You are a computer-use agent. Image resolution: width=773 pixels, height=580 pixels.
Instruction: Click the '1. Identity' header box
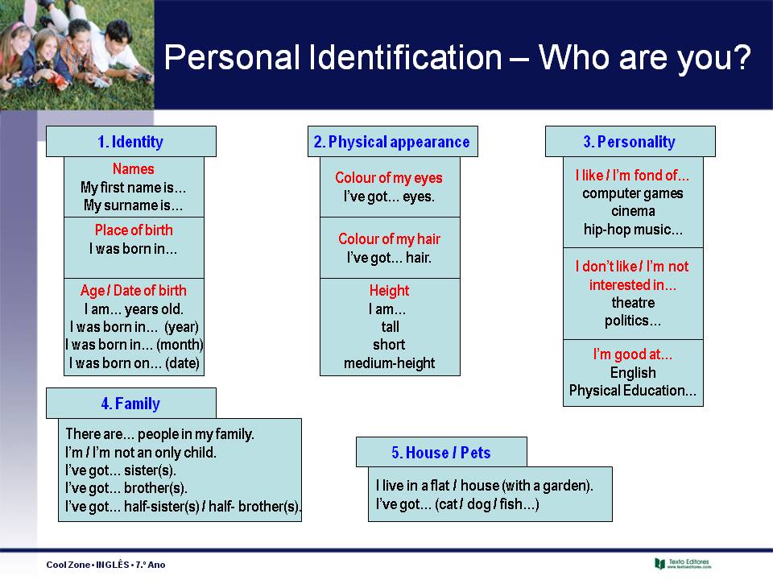[130, 142]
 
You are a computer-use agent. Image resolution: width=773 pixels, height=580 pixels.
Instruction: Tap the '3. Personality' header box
[630, 142]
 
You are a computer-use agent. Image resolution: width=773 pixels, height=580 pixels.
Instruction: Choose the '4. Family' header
[130, 404]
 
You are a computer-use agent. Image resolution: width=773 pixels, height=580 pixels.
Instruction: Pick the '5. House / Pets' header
[441, 453]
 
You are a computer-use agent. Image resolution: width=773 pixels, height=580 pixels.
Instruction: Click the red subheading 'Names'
[134, 169]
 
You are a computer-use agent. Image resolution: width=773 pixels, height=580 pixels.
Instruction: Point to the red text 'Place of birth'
[134, 230]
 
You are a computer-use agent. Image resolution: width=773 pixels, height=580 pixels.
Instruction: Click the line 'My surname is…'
[134, 205]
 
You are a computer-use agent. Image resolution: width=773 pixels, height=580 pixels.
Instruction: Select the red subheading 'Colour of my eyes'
[389, 178]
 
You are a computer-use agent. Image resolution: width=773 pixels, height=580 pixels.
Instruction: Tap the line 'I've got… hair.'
[389, 258]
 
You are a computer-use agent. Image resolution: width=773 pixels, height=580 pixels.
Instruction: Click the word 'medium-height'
[389, 363]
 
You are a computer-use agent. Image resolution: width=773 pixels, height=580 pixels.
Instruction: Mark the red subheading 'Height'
[389, 291]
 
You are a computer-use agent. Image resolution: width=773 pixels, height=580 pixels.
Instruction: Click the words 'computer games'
[633, 193]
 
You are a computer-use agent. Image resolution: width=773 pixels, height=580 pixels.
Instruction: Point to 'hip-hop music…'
[633, 230]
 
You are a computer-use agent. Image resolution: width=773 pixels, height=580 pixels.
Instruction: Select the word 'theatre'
[633, 303]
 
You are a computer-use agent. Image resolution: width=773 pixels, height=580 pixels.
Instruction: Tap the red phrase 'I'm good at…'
[633, 354]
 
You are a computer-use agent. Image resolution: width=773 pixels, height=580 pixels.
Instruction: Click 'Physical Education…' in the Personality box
[633, 391]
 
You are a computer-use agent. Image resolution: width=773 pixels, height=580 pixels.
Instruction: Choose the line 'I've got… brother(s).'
[126, 488]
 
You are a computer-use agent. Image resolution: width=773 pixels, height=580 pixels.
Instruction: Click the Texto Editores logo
[684, 563]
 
